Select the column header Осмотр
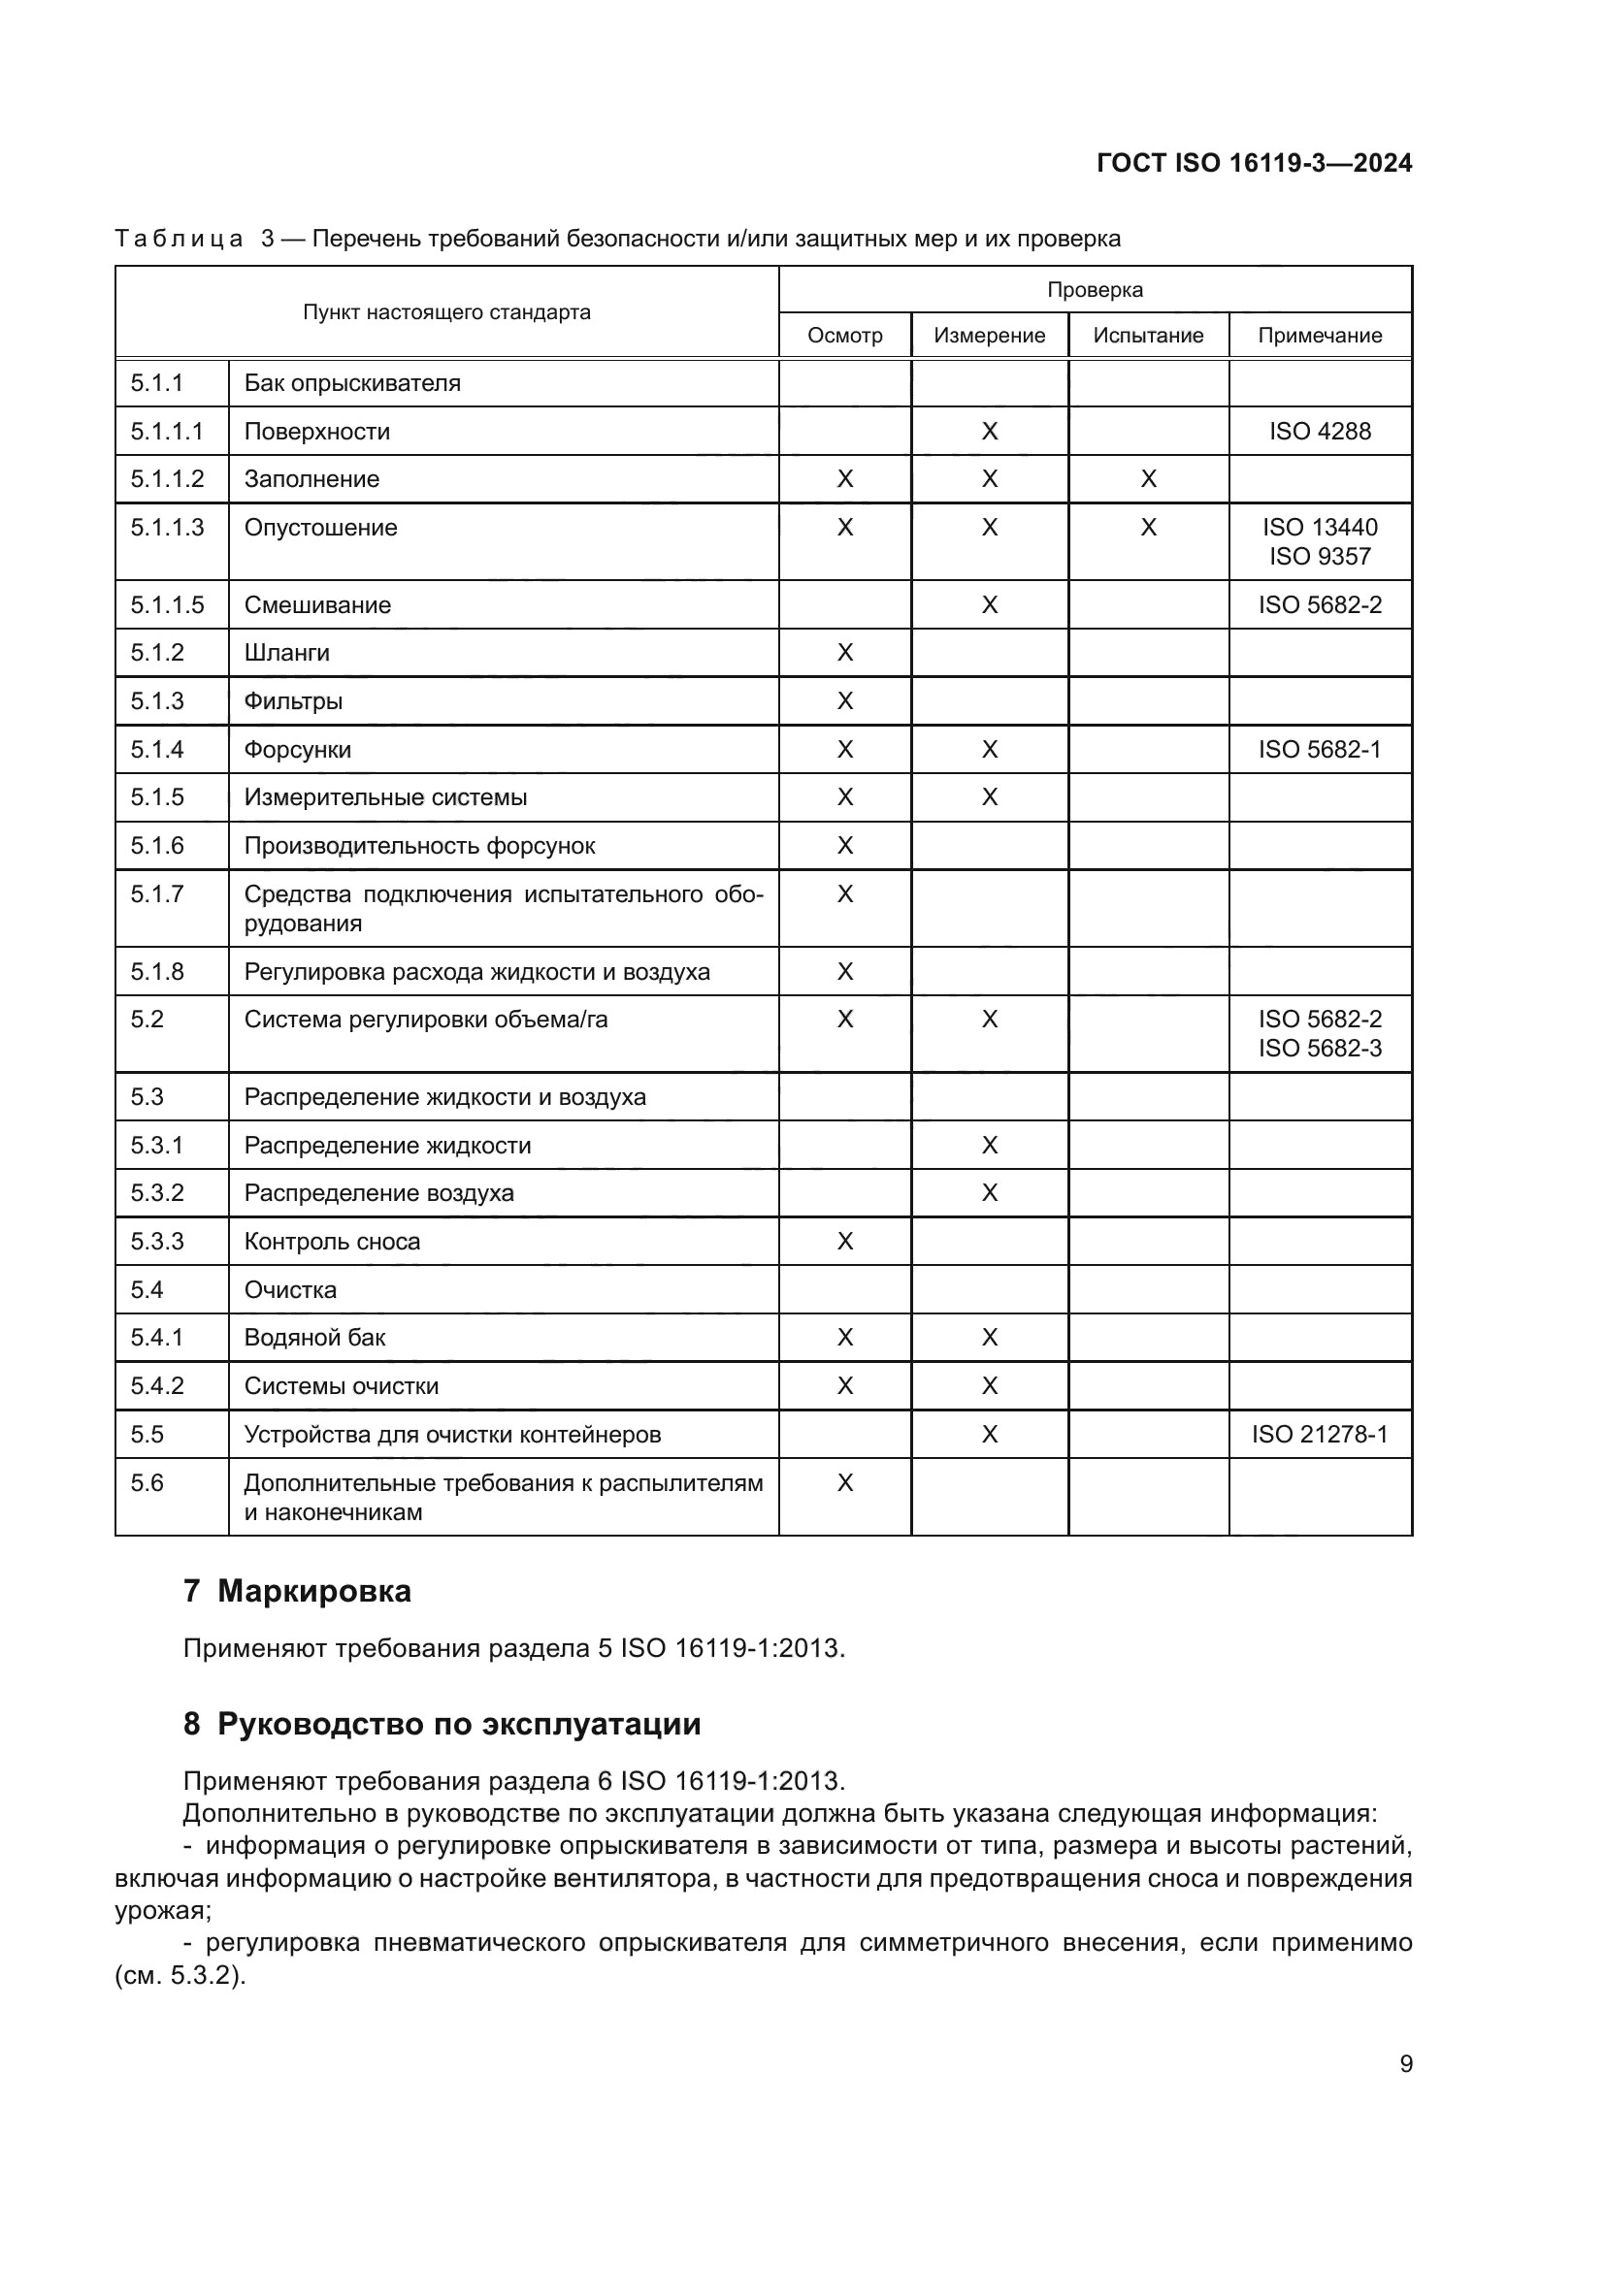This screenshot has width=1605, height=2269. pos(844,335)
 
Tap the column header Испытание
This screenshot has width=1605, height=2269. pos(1147,335)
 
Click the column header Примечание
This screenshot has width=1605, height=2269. pos(1320,335)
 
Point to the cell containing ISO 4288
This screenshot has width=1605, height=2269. pos(1320,431)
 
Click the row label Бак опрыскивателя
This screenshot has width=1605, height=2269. pos(352,382)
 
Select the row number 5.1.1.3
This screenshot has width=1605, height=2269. pos(167,527)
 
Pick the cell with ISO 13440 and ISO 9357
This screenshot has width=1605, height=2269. pos(1320,541)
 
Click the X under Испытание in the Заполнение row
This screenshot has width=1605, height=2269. pos(1147,479)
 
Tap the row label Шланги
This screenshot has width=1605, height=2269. pos(286,652)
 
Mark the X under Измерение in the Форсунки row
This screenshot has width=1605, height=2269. pos(989,749)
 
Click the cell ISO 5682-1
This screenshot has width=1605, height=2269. pos(1320,749)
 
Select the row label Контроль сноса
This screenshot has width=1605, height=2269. pos(332,1242)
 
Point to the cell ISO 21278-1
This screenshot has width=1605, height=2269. pos(1320,1434)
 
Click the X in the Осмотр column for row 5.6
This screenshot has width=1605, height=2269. pos(844,1482)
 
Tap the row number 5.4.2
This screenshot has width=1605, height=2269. pos(157,1385)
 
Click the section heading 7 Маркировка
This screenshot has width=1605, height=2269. pos(297,1590)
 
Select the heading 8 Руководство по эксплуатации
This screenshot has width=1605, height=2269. pos(442,1724)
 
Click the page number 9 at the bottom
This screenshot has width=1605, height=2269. pos(1405,2063)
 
